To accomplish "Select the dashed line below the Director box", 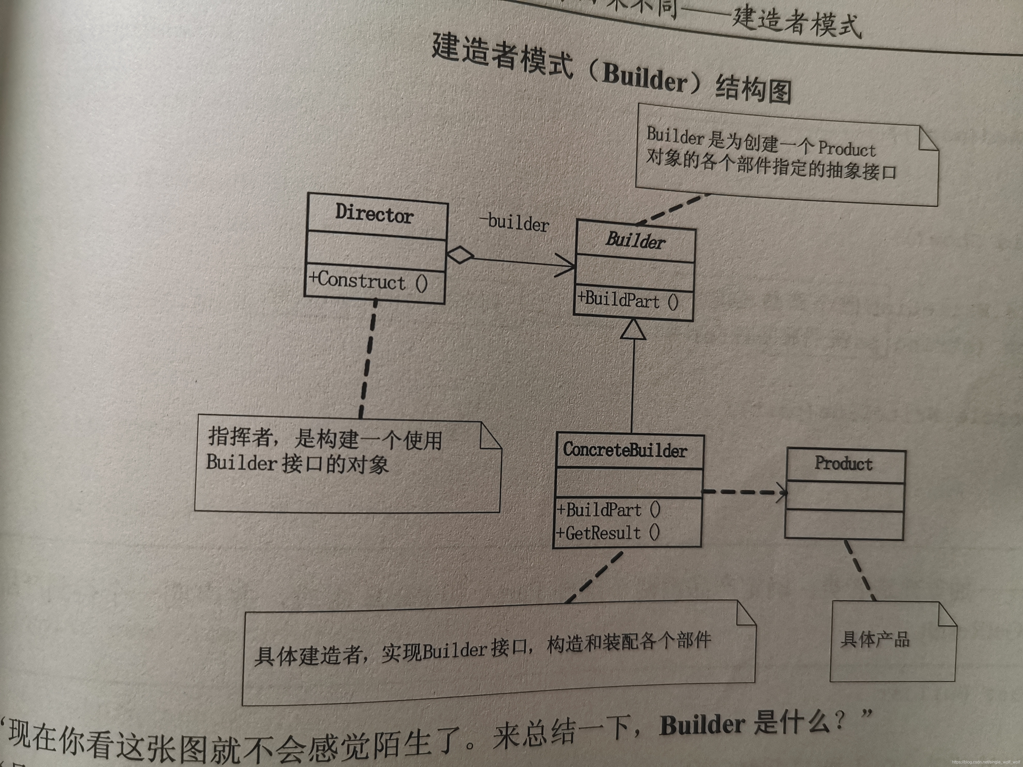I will (368, 358).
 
